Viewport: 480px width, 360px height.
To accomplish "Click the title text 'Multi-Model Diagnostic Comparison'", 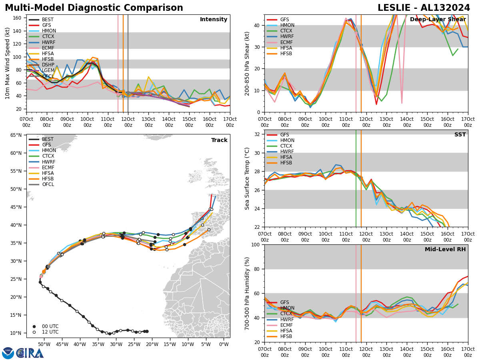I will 94,8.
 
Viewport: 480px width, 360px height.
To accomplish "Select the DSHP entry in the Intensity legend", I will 48,64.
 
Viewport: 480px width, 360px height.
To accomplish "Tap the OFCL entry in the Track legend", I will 48,184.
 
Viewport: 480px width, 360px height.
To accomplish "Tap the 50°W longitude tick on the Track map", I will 44,344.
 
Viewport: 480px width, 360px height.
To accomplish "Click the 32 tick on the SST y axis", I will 257,134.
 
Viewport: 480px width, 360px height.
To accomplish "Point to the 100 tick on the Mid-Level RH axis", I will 256,244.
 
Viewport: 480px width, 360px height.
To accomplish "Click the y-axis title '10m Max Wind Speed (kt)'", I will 8,63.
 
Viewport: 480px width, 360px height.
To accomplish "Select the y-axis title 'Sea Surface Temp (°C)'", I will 247,178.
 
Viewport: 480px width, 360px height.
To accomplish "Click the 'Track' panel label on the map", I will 219,140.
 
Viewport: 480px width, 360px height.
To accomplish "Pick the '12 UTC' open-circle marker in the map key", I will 34,332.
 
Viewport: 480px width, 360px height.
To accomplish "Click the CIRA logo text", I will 30,353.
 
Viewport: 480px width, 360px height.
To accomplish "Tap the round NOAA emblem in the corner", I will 8,353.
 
